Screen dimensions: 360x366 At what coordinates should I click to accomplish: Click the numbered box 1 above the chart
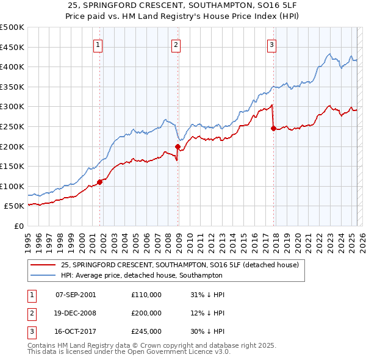(x=98, y=44)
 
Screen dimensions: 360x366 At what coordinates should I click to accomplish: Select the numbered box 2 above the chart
(x=176, y=44)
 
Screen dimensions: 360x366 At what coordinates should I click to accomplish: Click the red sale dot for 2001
(x=99, y=182)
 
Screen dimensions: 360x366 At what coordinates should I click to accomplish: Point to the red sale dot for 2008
(x=178, y=146)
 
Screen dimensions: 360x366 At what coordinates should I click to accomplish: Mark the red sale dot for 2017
(x=273, y=128)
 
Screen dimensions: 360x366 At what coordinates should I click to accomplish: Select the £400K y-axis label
(x=12, y=67)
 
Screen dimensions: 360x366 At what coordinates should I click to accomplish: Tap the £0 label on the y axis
(x=18, y=226)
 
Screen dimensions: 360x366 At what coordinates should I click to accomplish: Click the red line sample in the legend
(x=43, y=265)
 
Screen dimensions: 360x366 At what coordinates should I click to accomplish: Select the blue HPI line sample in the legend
(x=43, y=275)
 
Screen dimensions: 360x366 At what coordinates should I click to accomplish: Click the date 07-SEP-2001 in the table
(x=76, y=295)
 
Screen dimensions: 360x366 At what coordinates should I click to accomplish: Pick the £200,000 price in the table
(x=146, y=313)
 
